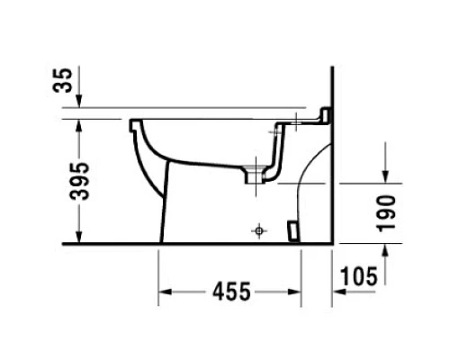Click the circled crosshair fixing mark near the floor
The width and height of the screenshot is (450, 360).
[x=259, y=231]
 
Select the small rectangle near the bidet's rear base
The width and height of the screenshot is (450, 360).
[x=291, y=231]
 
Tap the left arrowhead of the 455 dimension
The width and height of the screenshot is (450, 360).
[x=166, y=292]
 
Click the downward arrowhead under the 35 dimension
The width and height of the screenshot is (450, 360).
[x=79, y=102]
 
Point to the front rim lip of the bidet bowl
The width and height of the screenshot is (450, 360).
[x=135, y=121]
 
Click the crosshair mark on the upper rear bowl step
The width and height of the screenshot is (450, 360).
[x=275, y=131]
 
